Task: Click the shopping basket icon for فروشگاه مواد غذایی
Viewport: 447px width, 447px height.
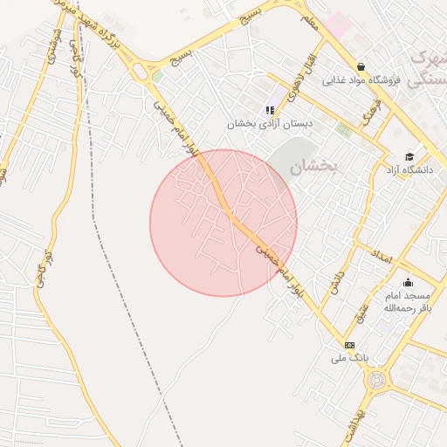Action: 361,66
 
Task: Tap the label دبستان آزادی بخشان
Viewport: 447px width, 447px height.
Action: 271,124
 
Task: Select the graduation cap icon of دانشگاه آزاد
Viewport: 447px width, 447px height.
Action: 409,156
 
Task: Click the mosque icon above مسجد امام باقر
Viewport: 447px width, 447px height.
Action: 407,282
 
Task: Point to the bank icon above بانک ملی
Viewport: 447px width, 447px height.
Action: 350,345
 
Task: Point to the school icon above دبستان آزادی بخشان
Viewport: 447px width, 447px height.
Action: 270,110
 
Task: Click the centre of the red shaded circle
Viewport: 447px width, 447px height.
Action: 223,223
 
